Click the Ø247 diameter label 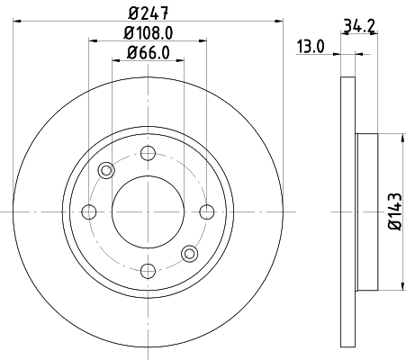pos(149,13)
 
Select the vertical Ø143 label pos(394,212)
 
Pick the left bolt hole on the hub pos(88,212)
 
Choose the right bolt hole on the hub pos(207,212)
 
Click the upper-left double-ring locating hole pos(106,171)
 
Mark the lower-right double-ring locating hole pos(189,254)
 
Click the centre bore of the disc pos(148,212)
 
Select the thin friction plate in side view pos(348,212)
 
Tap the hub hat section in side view pos(368,212)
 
